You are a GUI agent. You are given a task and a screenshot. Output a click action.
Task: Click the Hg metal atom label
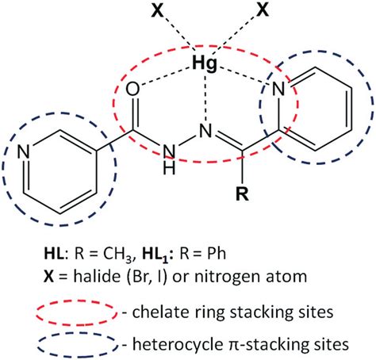pyautogui.click(x=205, y=64)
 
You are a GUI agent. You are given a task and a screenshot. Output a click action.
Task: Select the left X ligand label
pyautogui.click(x=157, y=10)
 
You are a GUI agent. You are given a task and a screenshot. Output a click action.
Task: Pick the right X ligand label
pyautogui.click(x=263, y=10)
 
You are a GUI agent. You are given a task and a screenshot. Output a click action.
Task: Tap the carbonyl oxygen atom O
pyautogui.click(x=132, y=89)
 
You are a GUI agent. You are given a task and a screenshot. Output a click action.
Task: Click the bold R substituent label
pyautogui.click(x=242, y=194)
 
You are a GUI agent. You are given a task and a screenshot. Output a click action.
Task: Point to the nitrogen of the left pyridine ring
pyautogui.click(x=24, y=151)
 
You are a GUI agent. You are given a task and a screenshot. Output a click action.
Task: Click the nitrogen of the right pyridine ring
pyautogui.click(x=278, y=89)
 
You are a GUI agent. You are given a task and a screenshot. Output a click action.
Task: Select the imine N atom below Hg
pyautogui.click(x=205, y=131)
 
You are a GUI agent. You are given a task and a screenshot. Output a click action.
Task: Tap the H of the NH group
pyautogui.click(x=169, y=167)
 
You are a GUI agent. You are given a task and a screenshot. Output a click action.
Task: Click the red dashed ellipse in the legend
pyautogui.click(x=77, y=301)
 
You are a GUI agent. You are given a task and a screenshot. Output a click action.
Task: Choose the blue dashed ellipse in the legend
pyautogui.click(x=77, y=334)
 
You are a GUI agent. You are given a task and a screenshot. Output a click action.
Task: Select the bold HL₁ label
pyautogui.click(x=157, y=254)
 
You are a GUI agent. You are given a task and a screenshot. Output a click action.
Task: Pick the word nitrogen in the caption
pyautogui.click(x=228, y=278)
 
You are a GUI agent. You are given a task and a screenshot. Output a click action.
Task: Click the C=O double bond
pyautogui.click(x=134, y=113)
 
